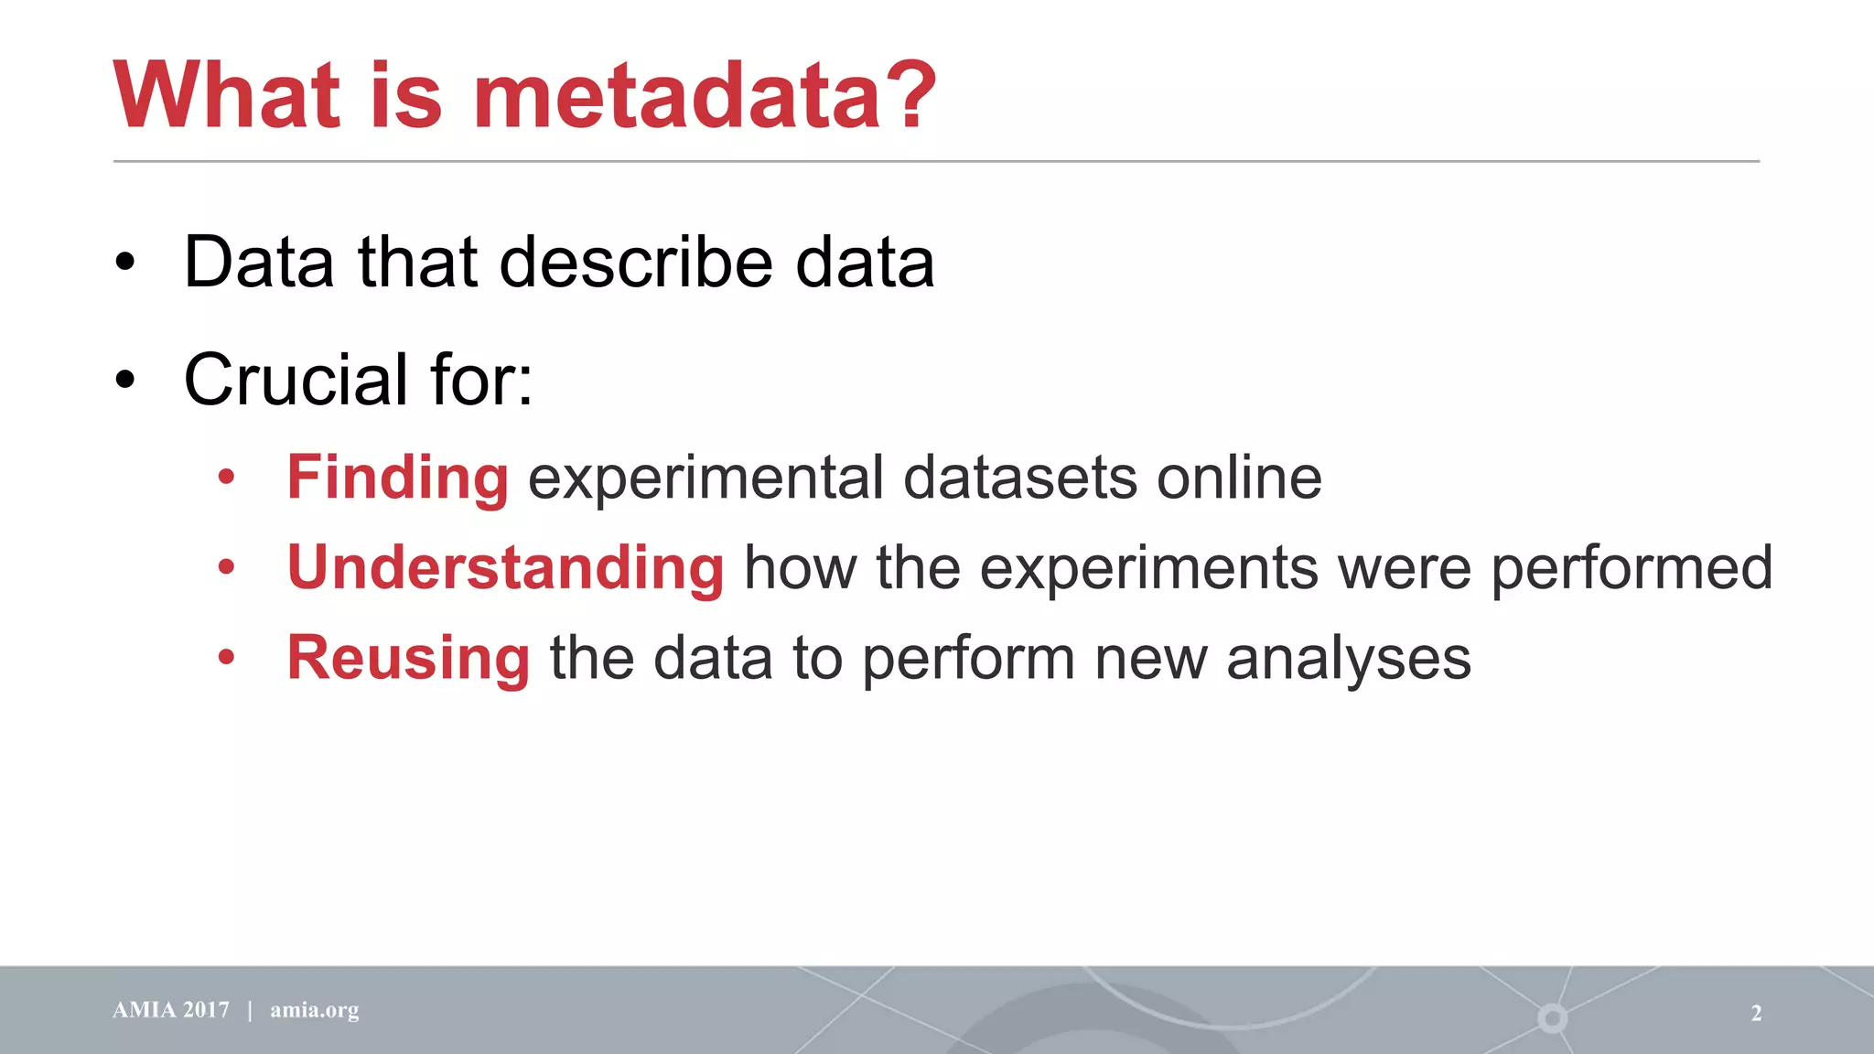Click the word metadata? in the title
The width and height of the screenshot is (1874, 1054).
click(x=705, y=96)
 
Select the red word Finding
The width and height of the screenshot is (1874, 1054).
click(x=397, y=478)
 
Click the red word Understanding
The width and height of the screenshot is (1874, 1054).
click(x=505, y=567)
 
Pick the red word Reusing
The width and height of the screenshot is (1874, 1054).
click(x=408, y=658)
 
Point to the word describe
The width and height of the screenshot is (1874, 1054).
click(x=637, y=263)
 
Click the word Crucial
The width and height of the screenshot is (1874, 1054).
click(x=296, y=380)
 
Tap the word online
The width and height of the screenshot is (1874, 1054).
click(x=1239, y=478)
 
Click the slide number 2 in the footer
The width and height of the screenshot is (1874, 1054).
click(x=1756, y=1013)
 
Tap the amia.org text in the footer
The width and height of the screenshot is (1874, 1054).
click(x=314, y=1010)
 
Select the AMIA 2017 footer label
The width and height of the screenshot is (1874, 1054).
click(x=171, y=1010)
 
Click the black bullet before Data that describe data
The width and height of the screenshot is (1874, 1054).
click(x=125, y=263)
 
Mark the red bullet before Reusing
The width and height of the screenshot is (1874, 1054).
click(x=226, y=656)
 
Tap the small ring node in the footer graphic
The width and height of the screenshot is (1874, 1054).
click(x=1552, y=1017)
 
